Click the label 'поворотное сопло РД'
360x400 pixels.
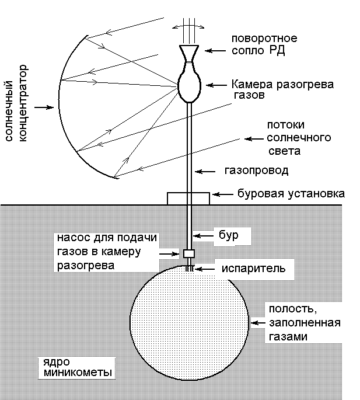point(264,44)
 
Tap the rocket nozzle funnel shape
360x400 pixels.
point(189,54)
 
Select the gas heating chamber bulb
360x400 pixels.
point(189,85)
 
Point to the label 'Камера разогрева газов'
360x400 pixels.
point(282,89)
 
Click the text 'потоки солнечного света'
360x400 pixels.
point(299,138)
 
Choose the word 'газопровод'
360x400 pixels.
point(256,171)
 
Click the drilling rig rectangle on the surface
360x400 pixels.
point(188,199)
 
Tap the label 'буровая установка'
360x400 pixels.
point(291,193)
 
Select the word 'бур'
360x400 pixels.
point(229,235)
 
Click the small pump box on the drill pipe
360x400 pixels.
point(189,253)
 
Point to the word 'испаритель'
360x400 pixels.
point(253,269)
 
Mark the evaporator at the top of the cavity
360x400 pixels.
point(190,269)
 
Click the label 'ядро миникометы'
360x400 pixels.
point(78,367)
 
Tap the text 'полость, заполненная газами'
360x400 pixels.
point(305,323)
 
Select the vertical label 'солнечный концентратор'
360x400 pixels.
point(16,103)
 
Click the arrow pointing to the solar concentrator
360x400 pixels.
point(44,107)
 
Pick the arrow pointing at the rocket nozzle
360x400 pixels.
point(215,51)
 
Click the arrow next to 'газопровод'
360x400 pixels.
point(205,172)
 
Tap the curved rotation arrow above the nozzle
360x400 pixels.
point(188,26)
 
